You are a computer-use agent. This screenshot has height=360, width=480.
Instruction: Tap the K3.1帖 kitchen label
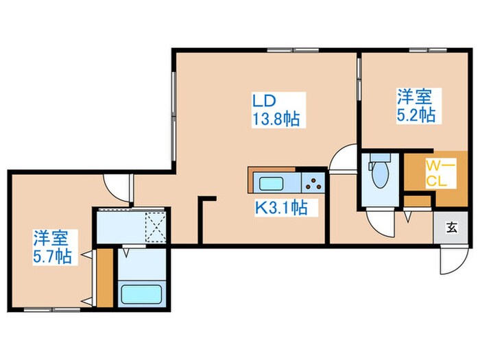pos(281,208)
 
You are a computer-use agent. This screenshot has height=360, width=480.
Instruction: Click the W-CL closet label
pos(441,174)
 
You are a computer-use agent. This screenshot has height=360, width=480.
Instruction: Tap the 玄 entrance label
pos(451,228)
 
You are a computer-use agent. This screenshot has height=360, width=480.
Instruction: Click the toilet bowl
pos(380,171)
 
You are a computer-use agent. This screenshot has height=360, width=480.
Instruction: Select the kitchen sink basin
pos(271,183)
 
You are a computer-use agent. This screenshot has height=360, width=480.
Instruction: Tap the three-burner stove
pos(313,183)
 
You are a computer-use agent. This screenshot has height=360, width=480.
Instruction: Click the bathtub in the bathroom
pos(141,294)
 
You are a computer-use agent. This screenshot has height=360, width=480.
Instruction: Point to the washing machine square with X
pos(156,228)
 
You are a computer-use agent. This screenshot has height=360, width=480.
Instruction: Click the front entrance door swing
pos(454,260)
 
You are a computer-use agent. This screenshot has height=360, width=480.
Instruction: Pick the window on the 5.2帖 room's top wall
pos(424,50)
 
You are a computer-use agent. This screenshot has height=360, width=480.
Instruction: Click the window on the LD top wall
pos(293,50)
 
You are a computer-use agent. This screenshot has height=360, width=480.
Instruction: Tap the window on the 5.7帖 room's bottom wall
pos(52,310)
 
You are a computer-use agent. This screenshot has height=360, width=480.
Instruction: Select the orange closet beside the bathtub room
pos(105,278)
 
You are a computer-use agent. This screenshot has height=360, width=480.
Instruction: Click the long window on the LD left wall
pos(173,116)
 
